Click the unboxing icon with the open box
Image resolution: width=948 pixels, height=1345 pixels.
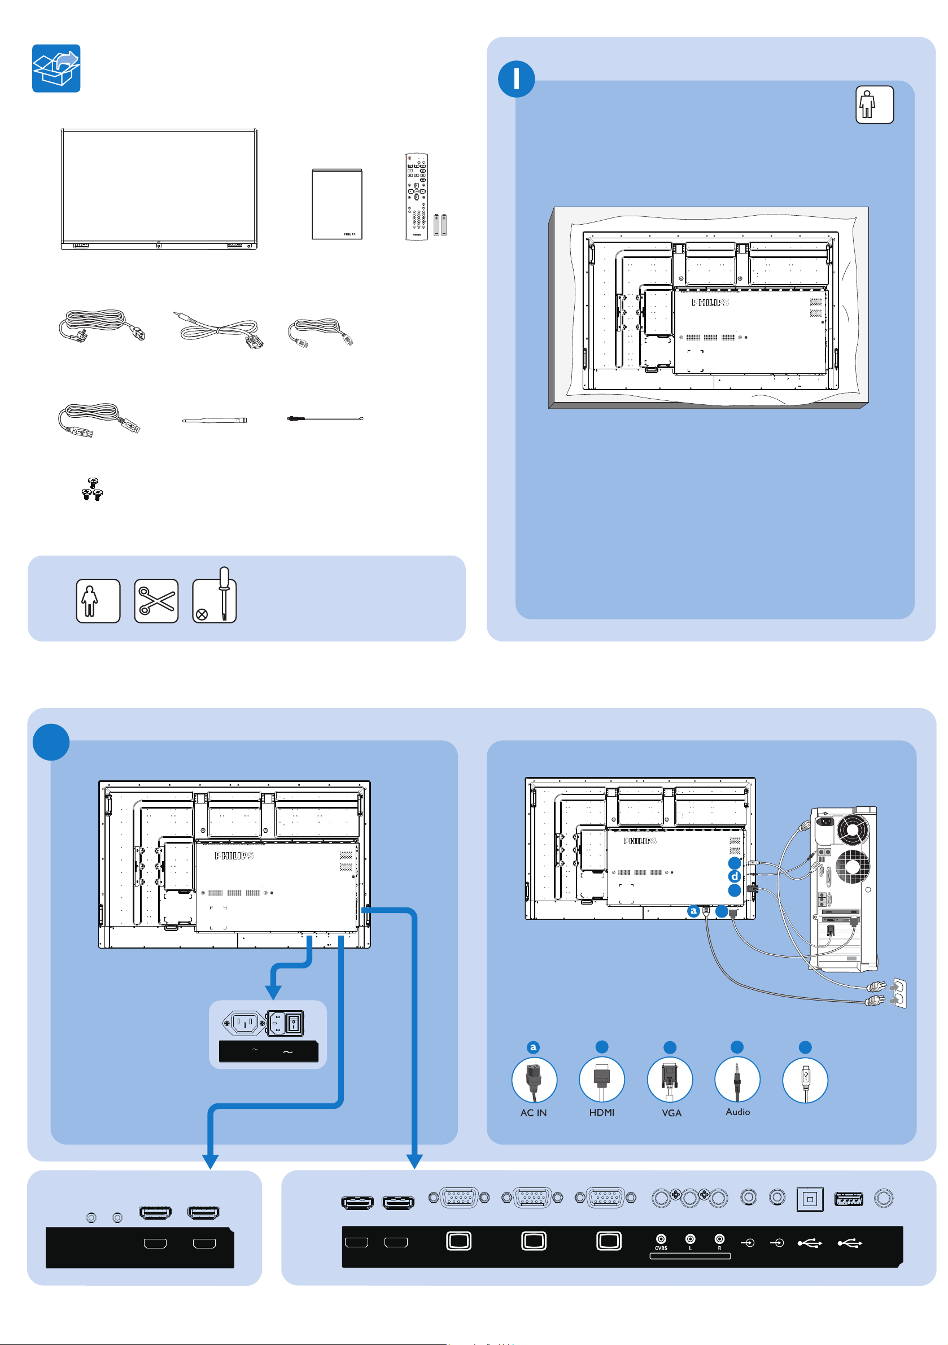tap(56, 68)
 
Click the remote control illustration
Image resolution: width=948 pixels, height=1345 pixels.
tap(416, 196)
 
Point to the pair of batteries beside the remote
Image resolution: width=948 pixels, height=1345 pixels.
tap(440, 225)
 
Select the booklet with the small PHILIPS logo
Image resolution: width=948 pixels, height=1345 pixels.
tap(337, 204)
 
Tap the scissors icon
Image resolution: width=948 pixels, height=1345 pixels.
tap(156, 601)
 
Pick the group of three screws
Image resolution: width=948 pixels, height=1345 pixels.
tap(92, 490)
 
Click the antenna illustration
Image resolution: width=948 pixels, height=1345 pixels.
tap(214, 420)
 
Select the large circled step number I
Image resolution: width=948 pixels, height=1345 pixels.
tap(516, 79)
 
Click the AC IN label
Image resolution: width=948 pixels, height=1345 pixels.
tap(533, 1113)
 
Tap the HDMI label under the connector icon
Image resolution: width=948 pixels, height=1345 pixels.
tap(602, 1112)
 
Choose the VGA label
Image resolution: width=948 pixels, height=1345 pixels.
tap(671, 1113)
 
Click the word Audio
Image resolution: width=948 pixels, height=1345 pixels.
tap(737, 1112)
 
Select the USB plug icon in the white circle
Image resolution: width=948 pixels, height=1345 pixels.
tap(805, 1081)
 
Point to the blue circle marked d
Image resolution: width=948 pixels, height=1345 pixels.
tap(734, 876)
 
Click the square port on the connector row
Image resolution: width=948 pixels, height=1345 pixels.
tap(810, 1199)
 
